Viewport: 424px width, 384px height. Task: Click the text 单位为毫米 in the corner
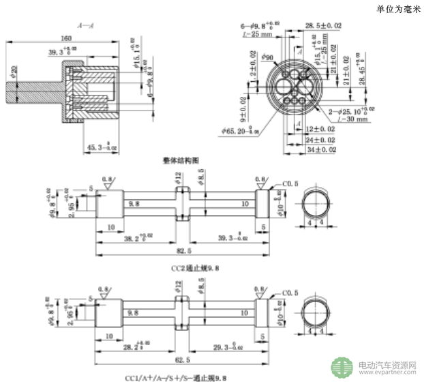tap(398, 9)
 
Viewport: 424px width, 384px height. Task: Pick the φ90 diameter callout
tap(267, 57)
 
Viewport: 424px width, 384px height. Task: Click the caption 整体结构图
tap(181, 162)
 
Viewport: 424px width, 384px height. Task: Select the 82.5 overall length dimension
tap(184, 253)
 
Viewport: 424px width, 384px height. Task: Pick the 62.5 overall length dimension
tap(184, 360)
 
